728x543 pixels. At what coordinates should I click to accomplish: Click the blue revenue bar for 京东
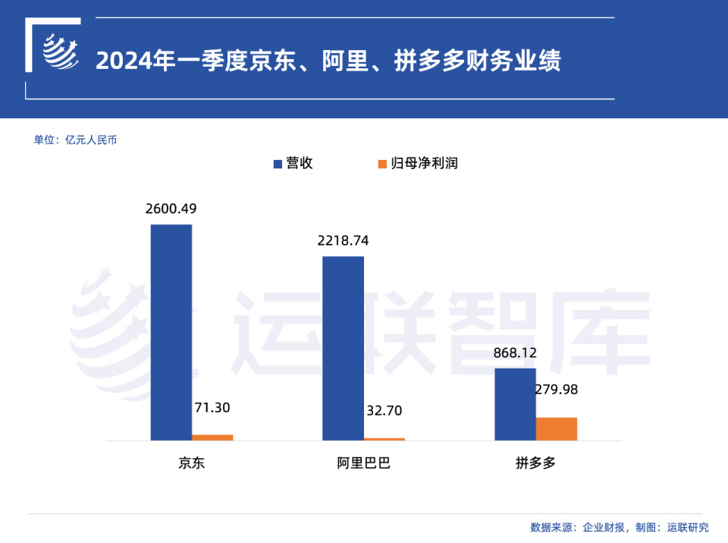point(171,332)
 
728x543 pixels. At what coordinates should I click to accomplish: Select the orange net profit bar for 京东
point(212,438)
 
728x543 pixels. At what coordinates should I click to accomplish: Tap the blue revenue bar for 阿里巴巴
point(343,348)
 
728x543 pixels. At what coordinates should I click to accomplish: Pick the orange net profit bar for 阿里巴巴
point(384,439)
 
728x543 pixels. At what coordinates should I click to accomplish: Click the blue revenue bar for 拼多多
point(516,404)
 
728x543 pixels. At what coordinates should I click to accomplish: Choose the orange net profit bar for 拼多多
point(556,428)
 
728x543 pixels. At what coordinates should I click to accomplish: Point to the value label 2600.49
point(171,209)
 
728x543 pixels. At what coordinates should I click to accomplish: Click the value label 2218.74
point(343,240)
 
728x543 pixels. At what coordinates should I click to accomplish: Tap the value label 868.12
point(515,353)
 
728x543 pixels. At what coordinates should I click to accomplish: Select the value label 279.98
point(556,389)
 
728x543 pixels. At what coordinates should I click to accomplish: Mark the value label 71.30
point(212,407)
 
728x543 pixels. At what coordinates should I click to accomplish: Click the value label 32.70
point(384,410)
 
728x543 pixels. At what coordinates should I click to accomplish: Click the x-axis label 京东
point(191,463)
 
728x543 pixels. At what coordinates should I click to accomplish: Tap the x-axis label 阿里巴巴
point(363,463)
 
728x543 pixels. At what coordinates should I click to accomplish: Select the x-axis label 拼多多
point(535,463)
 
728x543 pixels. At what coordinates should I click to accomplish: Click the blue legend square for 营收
point(278,164)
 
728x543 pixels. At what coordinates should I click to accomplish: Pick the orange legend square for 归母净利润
point(382,164)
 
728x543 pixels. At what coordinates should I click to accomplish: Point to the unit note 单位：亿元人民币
point(75,140)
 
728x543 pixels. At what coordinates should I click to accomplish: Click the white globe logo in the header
point(61,52)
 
